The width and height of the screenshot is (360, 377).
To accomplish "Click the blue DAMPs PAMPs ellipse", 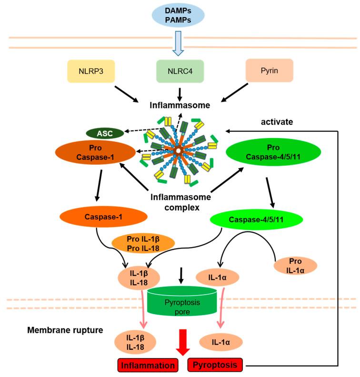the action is [x=178, y=15].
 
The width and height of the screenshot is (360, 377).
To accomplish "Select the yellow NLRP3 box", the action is [x=91, y=71].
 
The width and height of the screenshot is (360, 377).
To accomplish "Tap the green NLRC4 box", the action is [x=180, y=71].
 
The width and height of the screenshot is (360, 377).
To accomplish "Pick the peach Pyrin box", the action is [x=270, y=70].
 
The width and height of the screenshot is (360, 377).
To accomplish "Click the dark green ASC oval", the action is [x=105, y=133].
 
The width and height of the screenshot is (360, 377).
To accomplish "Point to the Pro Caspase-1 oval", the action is [x=95, y=152].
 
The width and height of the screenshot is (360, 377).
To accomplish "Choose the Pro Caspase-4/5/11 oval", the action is [x=273, y=152].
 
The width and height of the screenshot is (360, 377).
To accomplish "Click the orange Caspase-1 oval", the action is [x=103, y=217].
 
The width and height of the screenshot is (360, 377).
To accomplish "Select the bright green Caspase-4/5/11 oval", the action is [x=256, y=219].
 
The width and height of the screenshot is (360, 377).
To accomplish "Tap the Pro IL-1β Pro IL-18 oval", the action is [x=143, y=244].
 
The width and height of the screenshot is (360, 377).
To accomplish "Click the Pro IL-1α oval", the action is [x=295, y=266].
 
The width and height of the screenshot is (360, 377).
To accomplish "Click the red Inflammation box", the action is [x=148, y=365].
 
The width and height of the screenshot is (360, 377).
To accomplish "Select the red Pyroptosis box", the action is [x=215, y=365].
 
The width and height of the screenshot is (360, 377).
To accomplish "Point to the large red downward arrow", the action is [x=183, y=342].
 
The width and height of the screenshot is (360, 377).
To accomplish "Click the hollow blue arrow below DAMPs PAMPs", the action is [x=178, y=43].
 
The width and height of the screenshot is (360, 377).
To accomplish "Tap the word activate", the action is [x=277, y=122].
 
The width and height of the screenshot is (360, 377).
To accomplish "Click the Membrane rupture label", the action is [x=65, y=330].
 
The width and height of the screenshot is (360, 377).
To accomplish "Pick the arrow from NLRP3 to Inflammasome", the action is [x=127, y=94].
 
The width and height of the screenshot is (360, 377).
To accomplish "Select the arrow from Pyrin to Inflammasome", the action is [x=234, y=92].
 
